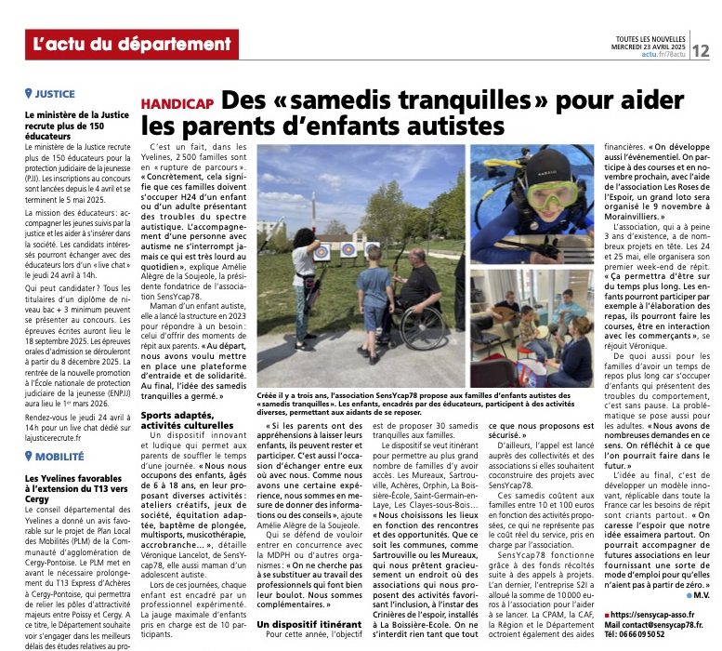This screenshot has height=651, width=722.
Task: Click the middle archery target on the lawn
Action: coord(347,249)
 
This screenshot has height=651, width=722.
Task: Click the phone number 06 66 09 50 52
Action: coord(650,643)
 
